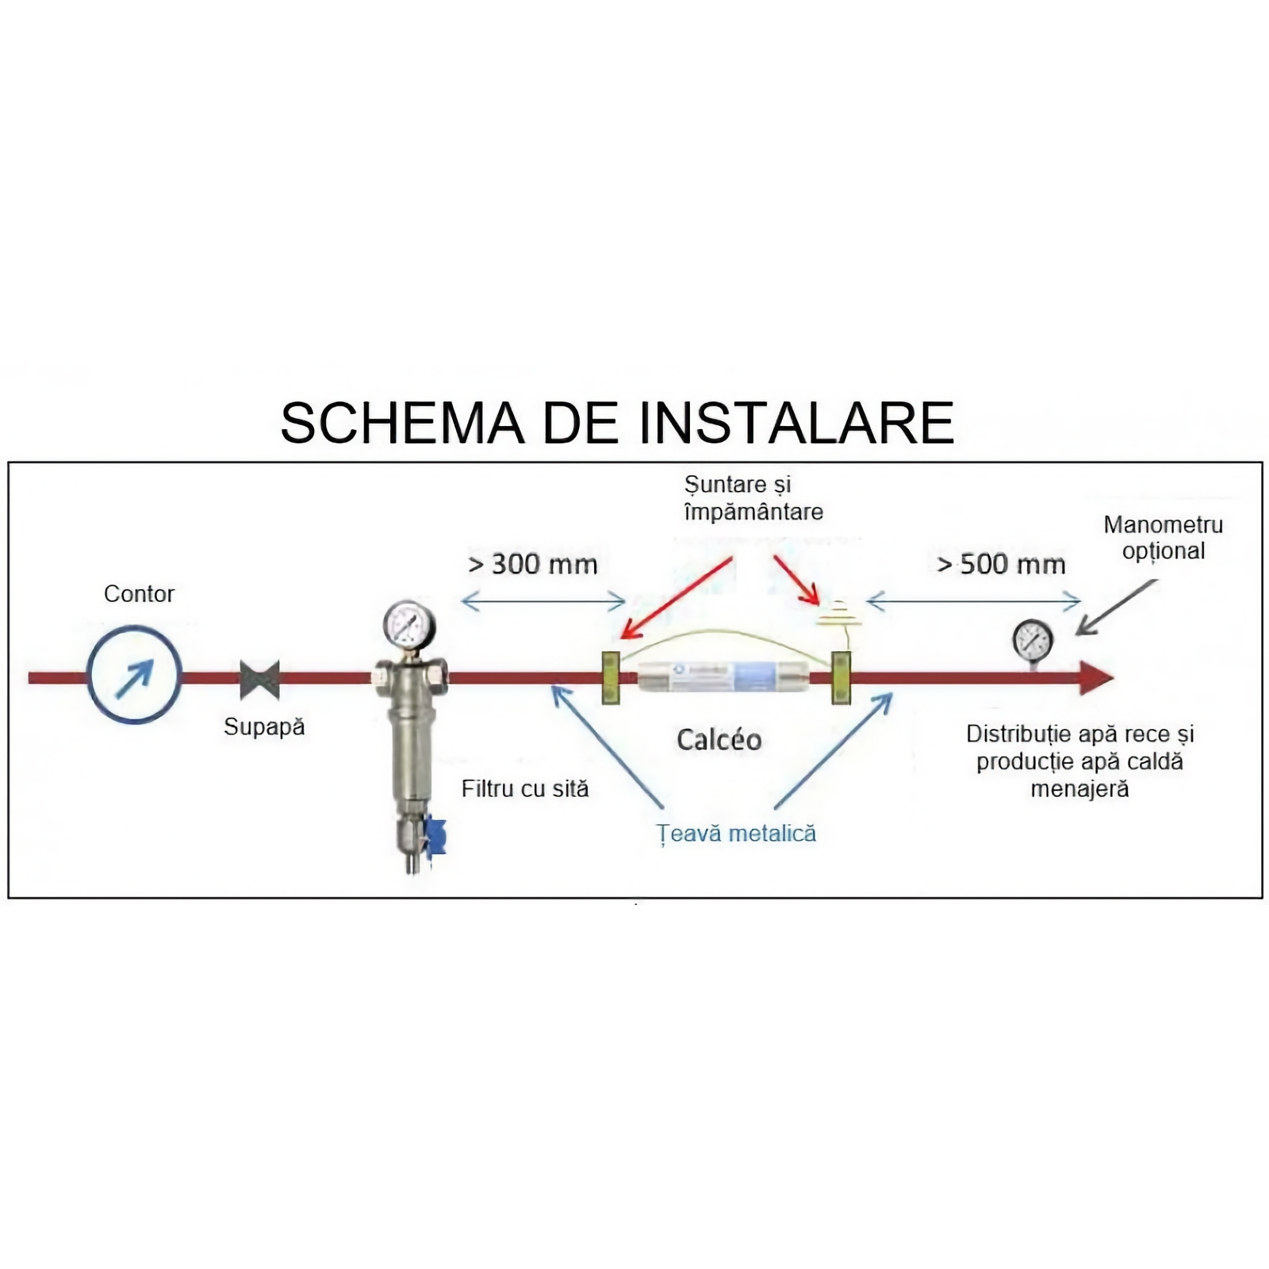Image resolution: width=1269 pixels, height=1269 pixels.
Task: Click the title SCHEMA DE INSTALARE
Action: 617,423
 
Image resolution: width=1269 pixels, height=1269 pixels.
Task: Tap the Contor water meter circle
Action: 135,676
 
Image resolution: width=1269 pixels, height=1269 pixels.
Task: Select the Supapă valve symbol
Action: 260,680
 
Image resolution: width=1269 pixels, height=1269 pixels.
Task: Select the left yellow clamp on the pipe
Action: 611,677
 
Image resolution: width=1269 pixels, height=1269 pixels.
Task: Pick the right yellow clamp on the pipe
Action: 841,677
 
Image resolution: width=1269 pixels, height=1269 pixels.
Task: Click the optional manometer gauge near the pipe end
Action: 1033,641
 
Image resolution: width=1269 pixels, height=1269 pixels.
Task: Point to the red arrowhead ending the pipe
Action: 1096,678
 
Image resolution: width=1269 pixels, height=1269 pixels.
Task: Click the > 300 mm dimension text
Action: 533,565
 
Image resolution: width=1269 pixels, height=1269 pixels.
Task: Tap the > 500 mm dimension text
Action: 1001,565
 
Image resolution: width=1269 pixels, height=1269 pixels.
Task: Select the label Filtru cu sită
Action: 525,789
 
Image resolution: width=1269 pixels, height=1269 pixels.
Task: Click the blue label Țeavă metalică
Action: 736,834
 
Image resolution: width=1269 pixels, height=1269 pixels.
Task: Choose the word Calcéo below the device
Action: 719,740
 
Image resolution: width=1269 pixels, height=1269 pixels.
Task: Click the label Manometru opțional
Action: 1164,538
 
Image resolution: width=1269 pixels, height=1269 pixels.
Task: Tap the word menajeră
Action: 1079,789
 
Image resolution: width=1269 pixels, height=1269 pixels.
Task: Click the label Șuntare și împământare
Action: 753,498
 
